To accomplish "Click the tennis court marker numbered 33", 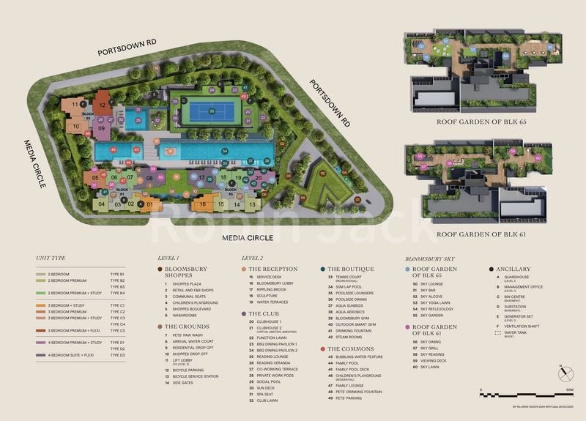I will [x=212, y=111].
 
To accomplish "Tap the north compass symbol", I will [x=565, y=373].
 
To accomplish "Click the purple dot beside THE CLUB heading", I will [x=243, y=313].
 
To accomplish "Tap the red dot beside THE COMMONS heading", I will [x=322, y=349].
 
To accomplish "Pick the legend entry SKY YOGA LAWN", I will [x=435, y=301].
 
